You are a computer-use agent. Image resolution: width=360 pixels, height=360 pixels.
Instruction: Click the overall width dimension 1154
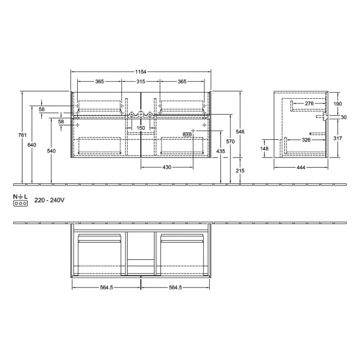[x=141, y=72]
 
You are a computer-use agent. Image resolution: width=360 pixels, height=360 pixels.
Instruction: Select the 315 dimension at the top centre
[x=140, y=82]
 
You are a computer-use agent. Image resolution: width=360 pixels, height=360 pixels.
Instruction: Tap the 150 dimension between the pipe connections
[x=140, y=128]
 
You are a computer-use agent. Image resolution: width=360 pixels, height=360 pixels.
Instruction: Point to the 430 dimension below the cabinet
[x=167, y=168]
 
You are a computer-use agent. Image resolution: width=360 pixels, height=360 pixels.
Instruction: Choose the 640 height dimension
[x=32, y=145]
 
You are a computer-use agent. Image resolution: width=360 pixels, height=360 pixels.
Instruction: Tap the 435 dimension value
[x=221, y=151]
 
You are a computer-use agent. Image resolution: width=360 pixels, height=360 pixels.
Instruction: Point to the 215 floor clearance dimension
[x=240, y=170]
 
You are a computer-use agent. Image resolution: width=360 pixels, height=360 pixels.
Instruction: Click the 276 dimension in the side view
[x=309, y=104]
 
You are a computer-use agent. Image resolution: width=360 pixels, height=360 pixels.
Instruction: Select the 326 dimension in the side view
[x=305, y=140]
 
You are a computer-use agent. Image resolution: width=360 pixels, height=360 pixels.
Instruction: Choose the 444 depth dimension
[x=301, y=168]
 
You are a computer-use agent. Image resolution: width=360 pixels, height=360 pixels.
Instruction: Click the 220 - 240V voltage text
[x=49, y=201]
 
